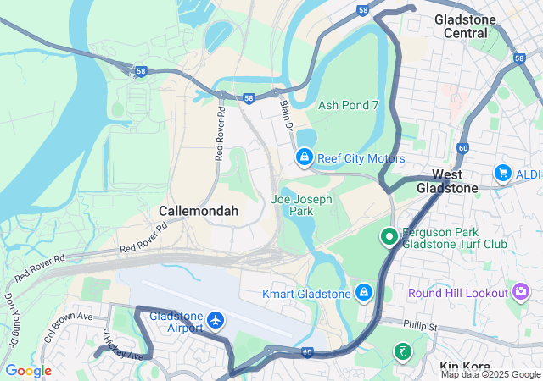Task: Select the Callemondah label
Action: click(199, 210)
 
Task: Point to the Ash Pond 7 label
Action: click(348, 106)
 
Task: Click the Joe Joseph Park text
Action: click(301, 206)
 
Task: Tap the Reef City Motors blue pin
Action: click(303, 157)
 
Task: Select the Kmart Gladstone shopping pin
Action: click(363, 292)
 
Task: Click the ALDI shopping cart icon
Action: click(502, 173)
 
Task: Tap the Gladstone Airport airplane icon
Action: click(216, 321)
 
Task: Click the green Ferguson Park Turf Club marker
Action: click(389, 237)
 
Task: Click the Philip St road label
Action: click(419, 325)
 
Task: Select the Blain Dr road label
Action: click(286, 114)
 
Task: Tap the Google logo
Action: click(28, 370)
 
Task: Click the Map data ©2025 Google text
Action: click(490, 374)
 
